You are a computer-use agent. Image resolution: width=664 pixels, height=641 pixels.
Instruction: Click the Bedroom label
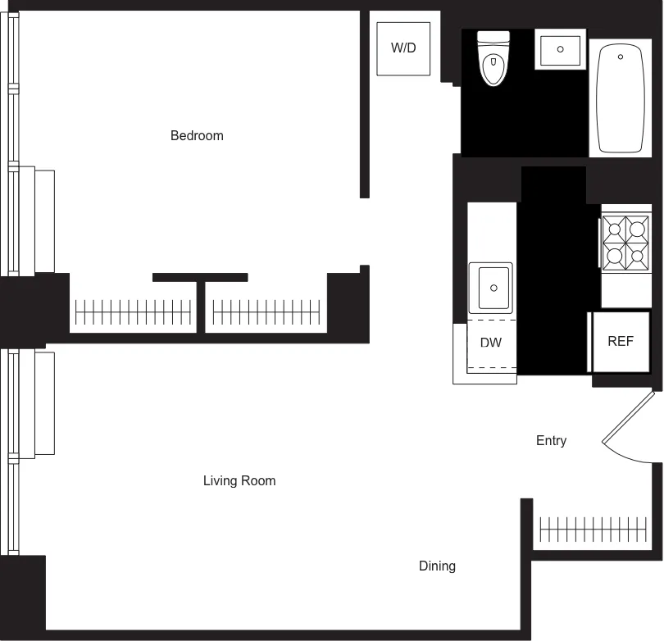[197, 135]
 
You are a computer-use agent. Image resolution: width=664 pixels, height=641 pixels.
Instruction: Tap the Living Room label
[239, 481]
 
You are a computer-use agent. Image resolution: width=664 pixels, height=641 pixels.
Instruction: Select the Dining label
[437, 566]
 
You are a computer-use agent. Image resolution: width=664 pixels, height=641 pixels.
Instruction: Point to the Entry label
[551, 441]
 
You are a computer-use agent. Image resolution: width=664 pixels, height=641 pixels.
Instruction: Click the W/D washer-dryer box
[403, 48]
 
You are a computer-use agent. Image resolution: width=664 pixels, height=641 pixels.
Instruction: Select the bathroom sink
[561, 50]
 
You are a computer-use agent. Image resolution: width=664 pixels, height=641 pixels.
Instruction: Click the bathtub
[620, 98]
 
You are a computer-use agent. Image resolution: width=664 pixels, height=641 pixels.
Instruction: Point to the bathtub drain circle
[620, 57]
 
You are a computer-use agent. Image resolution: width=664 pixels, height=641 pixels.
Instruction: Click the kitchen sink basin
[491, 287]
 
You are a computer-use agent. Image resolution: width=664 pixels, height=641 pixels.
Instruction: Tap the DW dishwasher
[491, 343]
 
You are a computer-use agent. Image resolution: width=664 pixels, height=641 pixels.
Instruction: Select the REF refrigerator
[621, 342]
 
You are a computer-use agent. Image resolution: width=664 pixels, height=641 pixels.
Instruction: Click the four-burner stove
[625, 243]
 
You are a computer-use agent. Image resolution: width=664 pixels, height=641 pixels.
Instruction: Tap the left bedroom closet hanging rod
[134, 311]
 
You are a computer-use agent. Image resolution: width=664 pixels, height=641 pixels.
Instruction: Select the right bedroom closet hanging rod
[267, 311]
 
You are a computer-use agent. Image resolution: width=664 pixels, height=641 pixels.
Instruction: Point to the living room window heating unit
[36, 403]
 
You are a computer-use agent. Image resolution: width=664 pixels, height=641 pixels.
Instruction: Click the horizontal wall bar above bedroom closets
[200, 278]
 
